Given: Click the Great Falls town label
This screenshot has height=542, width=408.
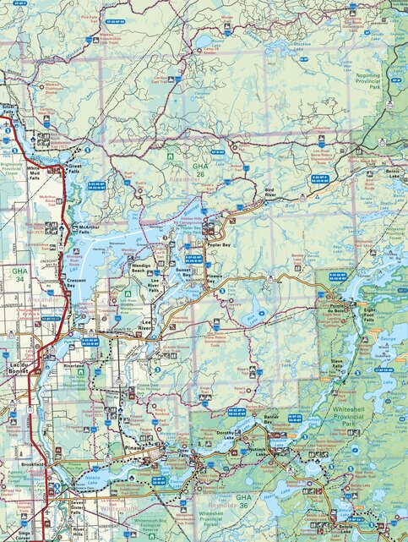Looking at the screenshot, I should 75,170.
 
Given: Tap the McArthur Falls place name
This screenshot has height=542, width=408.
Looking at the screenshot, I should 90,231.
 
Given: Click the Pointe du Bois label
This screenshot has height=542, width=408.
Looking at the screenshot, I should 335,309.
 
